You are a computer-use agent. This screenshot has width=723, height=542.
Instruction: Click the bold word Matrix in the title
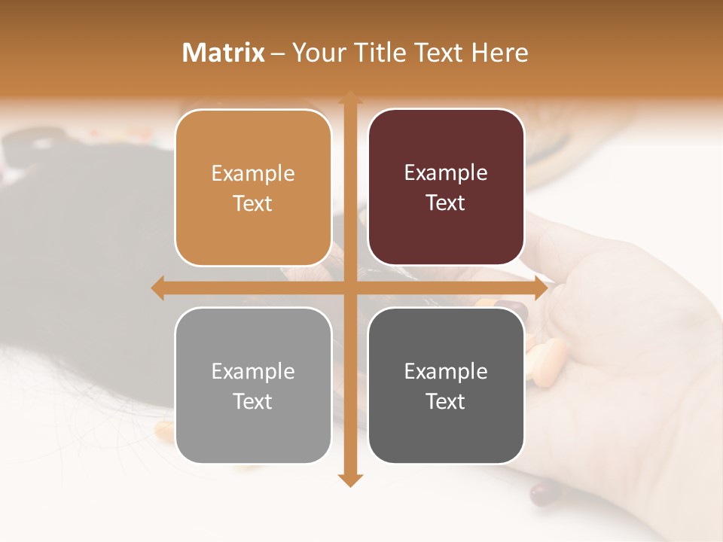[223, 53]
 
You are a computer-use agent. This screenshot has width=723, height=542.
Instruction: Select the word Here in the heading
[499, 53]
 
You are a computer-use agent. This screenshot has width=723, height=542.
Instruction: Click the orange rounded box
[253, 187]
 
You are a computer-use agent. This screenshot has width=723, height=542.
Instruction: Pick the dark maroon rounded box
[446, 187]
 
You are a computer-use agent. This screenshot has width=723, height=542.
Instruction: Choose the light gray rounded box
[253, 385]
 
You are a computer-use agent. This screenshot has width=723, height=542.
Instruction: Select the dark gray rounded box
[446, 385]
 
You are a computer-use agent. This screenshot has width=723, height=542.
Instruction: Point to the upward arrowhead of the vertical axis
[349, 97]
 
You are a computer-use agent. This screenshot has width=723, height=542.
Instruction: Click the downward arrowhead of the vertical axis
[349, 480]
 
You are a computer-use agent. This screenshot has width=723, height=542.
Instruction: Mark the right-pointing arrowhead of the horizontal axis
[540, 288]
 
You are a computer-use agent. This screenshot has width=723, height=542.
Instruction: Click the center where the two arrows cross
[349, 288]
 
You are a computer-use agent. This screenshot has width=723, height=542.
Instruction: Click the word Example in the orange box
[253, 174]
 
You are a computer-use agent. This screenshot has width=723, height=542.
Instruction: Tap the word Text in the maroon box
[446, 202]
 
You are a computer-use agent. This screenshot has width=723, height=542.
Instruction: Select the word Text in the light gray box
[253, 401]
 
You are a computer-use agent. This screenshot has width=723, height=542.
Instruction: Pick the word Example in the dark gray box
[446, 371]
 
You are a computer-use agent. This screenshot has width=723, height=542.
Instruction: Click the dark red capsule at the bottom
[545, 493]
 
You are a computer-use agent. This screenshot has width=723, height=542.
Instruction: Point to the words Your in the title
[316, 53]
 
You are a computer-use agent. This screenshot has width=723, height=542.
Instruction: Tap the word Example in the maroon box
[446, 173]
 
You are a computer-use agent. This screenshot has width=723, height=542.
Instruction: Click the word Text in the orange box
[253, 203]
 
